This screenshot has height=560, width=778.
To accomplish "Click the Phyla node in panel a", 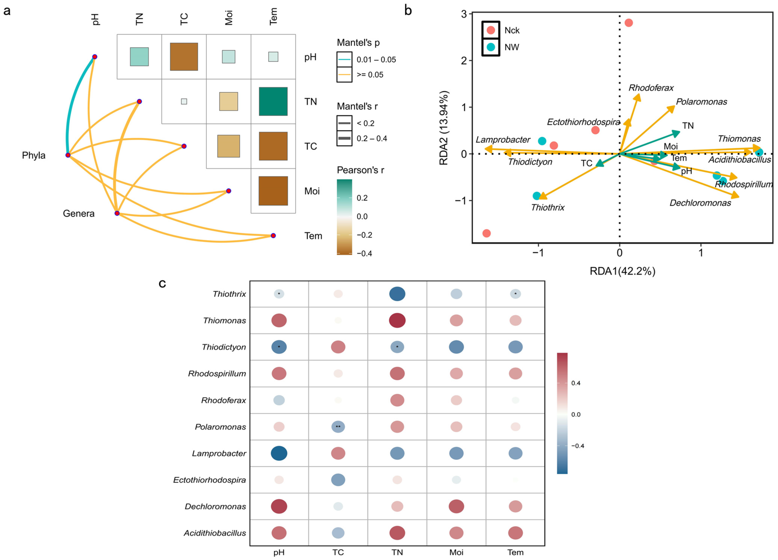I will pos(68,155).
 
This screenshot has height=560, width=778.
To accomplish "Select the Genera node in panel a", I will pos(117,213).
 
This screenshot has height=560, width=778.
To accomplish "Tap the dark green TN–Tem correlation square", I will pos(273,101).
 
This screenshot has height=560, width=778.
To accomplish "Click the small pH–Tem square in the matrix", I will pos(273,57).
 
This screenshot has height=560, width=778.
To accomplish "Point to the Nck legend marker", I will pos(491,30).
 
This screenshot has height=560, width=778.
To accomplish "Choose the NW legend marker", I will pos(491,47).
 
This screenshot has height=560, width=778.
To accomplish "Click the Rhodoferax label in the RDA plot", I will pos(651,88).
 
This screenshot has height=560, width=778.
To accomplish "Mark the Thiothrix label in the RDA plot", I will pos(548,207).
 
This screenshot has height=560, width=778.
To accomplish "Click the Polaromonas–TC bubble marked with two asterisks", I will pos(338,427).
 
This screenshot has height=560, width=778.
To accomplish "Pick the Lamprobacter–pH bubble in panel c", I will pos(279,453).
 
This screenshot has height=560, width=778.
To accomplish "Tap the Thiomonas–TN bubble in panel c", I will pos(397,320).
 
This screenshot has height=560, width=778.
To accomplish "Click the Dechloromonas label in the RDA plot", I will pos(700,203).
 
